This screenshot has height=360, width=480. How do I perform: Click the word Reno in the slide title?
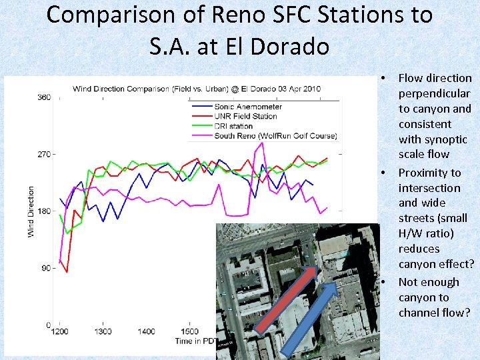pos(237,15)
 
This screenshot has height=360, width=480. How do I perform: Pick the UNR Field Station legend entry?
pos(245,117)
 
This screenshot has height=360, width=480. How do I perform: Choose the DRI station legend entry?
pos(233,126)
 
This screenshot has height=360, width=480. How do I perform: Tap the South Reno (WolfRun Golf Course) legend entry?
pos(275,136)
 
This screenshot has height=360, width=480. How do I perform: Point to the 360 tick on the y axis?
pos(43,97)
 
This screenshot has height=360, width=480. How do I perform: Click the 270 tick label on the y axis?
pos(43,155)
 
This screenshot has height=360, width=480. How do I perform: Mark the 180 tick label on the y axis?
pos(43,211)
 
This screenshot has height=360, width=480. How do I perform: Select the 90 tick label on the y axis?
pos(45,268)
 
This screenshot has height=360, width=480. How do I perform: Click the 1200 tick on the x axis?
pos(59,331)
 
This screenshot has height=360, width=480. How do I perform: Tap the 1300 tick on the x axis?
pos(103,331)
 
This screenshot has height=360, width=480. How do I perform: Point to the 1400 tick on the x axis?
pos(146,331)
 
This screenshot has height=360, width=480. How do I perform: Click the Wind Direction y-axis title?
pos(31,211)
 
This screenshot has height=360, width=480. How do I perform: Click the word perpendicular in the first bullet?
pos(434,93)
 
